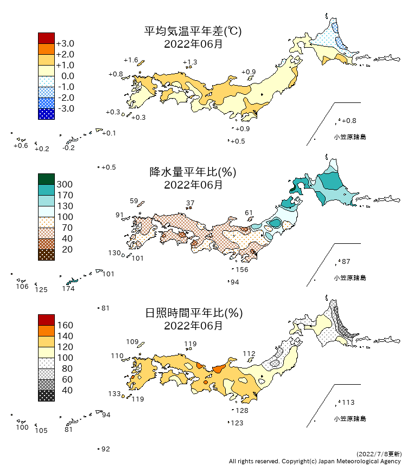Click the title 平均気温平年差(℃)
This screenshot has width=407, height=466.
(193, 31)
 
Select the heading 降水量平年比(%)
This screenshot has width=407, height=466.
(193, 172)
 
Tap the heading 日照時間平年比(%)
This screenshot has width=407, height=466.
(193, 313)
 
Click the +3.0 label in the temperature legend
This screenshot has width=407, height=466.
(65, 43)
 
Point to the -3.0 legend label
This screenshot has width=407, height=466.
(65, 108)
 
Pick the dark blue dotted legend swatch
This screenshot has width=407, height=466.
(46, 114)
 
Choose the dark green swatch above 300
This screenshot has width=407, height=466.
(46, 179)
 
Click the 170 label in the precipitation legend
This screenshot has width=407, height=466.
(65, 195)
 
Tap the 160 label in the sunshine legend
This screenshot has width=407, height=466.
(65, 325)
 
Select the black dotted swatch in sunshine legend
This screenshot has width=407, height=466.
(46, 396)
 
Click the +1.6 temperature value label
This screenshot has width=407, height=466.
(131, 60)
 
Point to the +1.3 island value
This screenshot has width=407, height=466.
(190, 62)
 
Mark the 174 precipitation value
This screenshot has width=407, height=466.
(68, 289)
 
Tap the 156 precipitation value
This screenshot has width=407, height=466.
(242, 270)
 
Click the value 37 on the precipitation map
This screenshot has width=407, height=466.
(190, 203)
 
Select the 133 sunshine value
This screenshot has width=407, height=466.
(114, 394)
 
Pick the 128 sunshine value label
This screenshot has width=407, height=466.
(242, 411)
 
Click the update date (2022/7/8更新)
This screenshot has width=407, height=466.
(379, 454)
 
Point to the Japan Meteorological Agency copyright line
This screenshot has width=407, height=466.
(315, 461)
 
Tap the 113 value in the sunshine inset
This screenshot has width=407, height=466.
(348, 403)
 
